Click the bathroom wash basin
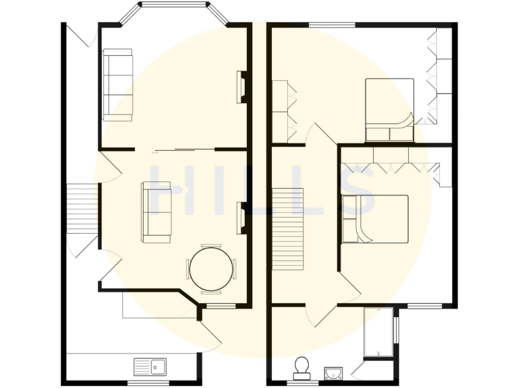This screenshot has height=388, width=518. pyautogui.click(x=333, y=373)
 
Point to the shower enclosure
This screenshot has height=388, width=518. pyautogui.click(x=378, y=332)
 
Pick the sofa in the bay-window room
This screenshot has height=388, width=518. pyautogui.click(x=117, y=84)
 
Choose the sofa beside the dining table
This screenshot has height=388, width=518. pyautogui.click(x=156, y=212)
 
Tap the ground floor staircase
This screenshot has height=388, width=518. pyautogui.click(x=83, y=211)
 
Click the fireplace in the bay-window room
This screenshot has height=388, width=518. pyautogui.click(x=241, y=87)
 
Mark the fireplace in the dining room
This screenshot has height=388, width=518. pyautogui.click(x=241, y=218)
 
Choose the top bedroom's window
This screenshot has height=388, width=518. pyautogui.click(x=332, y=26)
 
